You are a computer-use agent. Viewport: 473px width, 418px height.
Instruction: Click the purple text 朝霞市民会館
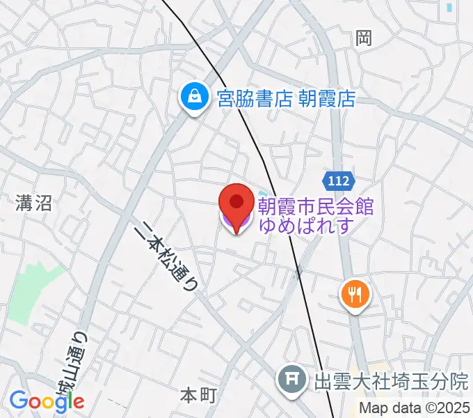316,207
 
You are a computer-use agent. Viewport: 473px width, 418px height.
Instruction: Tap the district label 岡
364,39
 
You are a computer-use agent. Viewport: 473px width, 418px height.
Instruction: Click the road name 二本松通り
167,255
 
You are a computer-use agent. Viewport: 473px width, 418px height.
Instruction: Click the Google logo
47,400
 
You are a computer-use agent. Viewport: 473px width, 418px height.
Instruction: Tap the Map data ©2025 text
415,409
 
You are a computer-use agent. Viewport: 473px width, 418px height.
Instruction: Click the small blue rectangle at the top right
450,8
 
